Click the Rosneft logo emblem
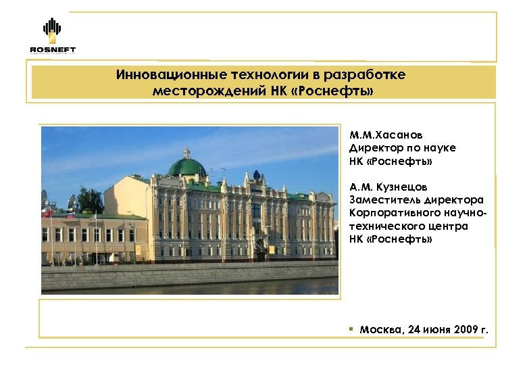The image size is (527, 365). (x=52, y=30)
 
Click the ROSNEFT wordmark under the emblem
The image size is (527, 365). (x=53, y=49)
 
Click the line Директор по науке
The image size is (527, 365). (x=402, y=147)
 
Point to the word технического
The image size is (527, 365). (x=383, y=226)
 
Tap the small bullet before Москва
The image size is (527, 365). (x=352, y=328)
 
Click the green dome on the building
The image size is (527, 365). (x=186, y=166)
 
